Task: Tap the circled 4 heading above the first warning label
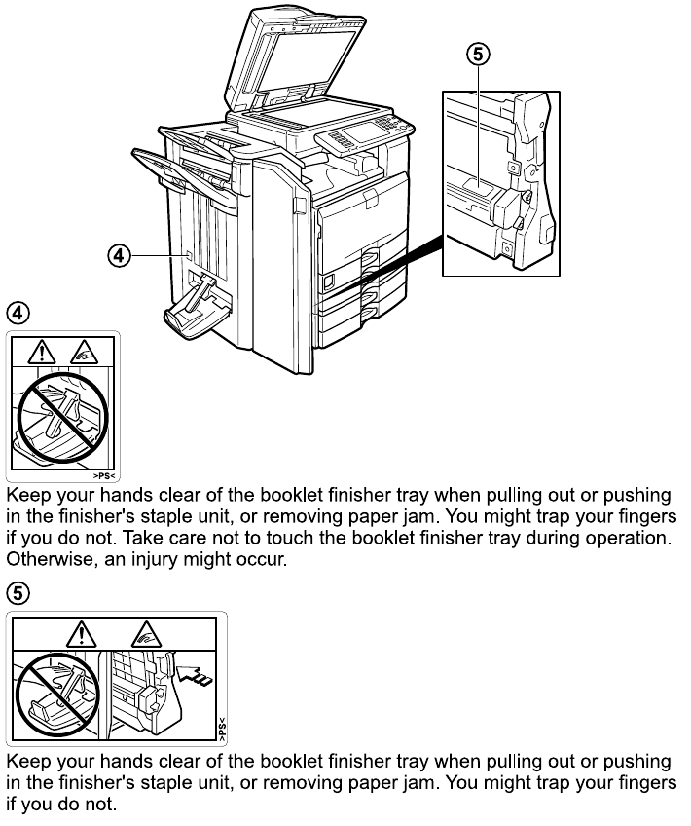pyautogui.click(x=18, y=314)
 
